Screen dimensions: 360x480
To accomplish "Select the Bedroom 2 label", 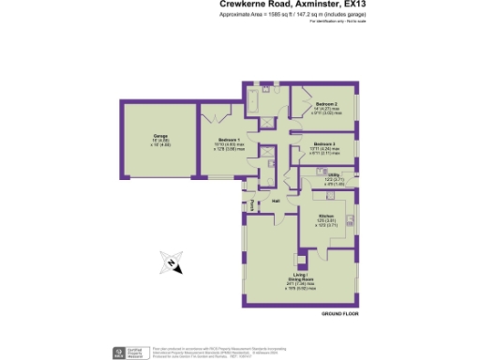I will pyautogui.click(x=326, y=103).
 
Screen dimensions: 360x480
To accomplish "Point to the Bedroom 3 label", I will pyautogui.click(x=325, y=142).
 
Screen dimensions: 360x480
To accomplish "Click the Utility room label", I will pyautogui.click(x=334, y=173).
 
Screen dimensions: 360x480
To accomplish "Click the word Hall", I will pyautogui.click(x=277, y=202).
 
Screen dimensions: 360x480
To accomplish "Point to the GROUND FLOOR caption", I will pyautogui.click(x=338, y=316).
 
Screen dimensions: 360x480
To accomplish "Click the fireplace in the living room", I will pyautogui.click(x=300, y=260).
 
